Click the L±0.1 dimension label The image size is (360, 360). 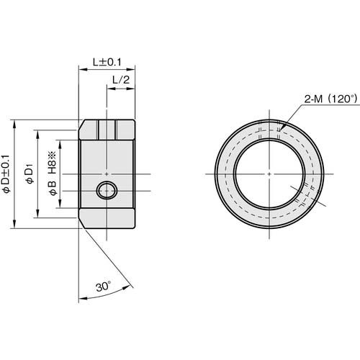click(x=106, y=63)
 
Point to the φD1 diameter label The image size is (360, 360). click(x=30, y=174)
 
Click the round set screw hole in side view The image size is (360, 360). click(x=107, y=192)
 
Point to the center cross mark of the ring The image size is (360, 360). click(x=268, y=174)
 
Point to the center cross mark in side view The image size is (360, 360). click(x=107, y=174)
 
